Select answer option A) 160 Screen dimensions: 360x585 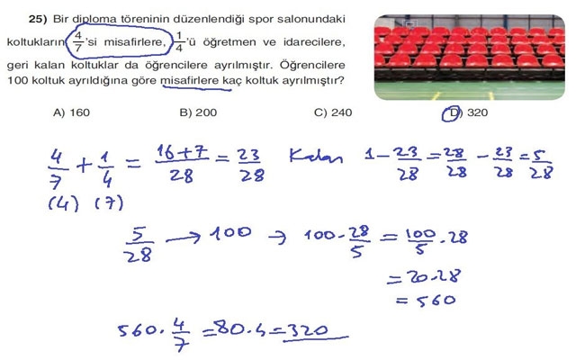[73, 112]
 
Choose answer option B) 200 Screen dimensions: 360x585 [199, 112]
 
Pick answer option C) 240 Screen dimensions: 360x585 [333, 112]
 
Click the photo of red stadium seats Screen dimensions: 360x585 [468, 54]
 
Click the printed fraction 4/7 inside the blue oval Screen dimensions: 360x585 [79, 41]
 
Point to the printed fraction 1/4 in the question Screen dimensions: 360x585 [178, 41]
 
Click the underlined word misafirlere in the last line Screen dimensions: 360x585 [191, 81]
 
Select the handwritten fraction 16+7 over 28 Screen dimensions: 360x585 [182, 164]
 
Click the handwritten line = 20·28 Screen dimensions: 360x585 [421, 276]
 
